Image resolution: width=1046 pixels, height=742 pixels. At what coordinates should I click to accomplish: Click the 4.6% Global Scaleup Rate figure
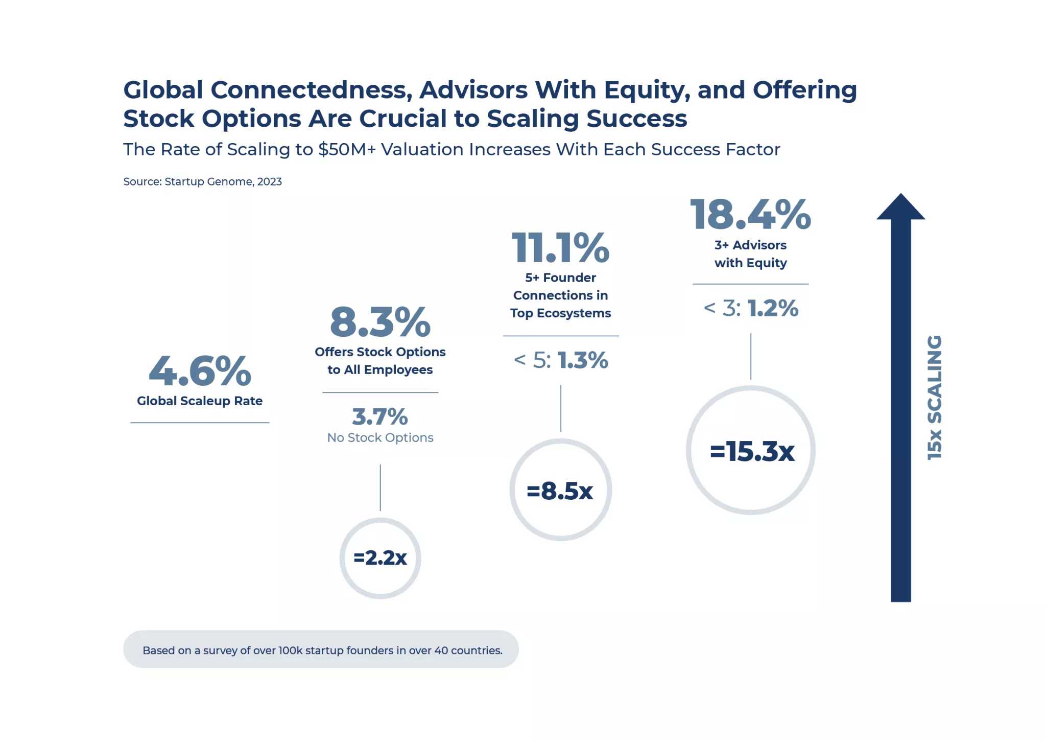(200, 371)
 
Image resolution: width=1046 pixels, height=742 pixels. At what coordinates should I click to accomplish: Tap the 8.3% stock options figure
(380, 322)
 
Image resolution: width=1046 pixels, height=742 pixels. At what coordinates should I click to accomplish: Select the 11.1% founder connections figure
(560, 248)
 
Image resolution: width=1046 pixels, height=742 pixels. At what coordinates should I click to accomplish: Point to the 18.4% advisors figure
(750, 215)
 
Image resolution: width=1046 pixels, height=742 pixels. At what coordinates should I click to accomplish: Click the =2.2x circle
(380, 558)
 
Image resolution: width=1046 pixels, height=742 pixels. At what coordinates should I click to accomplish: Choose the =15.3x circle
(751, 451)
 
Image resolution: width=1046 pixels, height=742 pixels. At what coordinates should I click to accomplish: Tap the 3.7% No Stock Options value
(380, 417)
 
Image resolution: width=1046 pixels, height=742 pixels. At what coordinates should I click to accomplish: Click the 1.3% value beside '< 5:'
(583, 360)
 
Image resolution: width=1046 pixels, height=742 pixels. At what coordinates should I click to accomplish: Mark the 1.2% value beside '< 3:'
(773, 308)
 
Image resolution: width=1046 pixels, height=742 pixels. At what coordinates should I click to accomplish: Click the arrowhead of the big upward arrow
(900, 207)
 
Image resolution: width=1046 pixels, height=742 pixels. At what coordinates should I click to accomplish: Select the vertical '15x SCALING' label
(934, 397)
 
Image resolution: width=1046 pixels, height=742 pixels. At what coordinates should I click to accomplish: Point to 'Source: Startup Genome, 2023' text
(202, 181)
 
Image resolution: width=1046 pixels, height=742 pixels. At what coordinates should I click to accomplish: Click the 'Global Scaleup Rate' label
(200, 401)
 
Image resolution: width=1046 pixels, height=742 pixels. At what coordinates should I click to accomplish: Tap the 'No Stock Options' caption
(380, 438)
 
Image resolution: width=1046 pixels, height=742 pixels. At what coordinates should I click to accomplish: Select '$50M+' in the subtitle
(347, 149)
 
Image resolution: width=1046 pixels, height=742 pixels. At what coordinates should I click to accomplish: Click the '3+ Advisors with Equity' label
(750, 254)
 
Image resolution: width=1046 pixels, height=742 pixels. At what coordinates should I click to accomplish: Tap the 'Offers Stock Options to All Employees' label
(380, 361)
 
